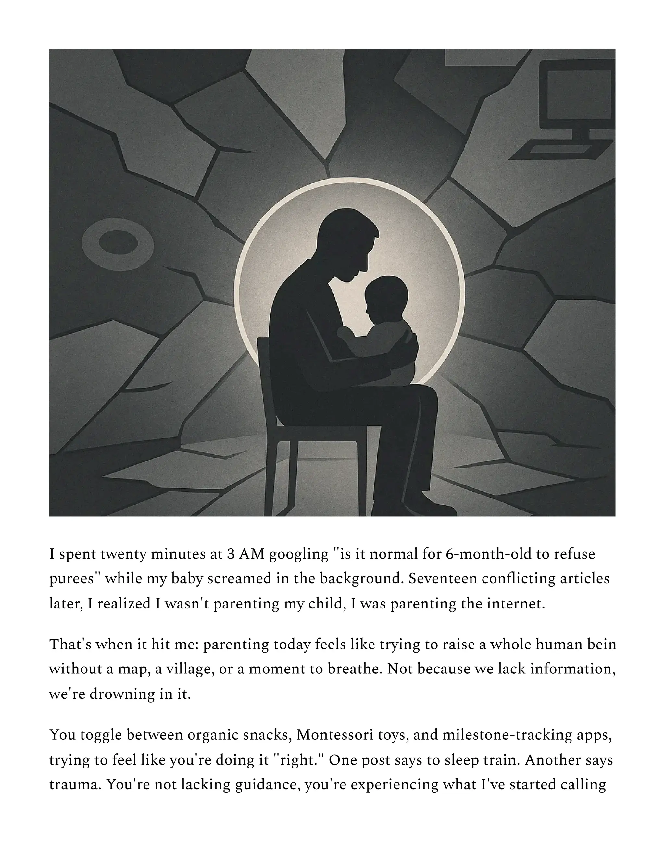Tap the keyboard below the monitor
[x=559, y=151]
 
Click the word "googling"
[x=299, y=554]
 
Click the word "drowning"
[x=122, y=694]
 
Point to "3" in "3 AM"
[x=231, y=554]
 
